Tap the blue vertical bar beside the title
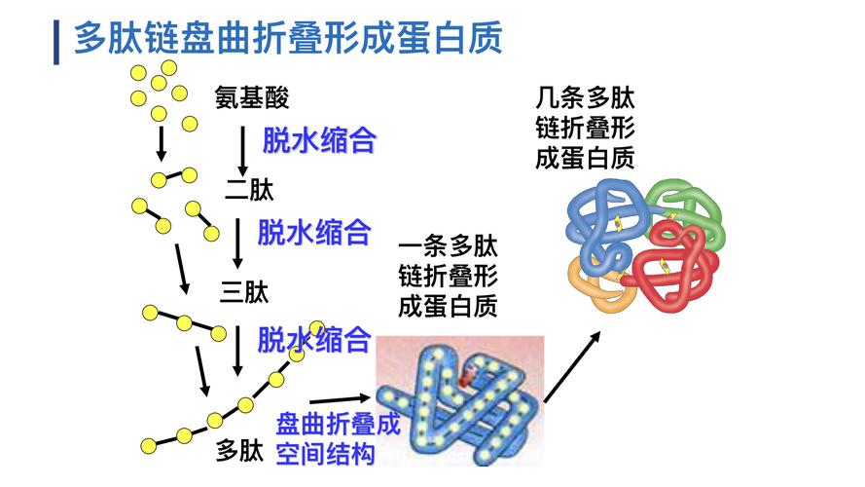[x=56, y=41]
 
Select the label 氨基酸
[x=252, y=97]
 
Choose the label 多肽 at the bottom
[x=239, y=450]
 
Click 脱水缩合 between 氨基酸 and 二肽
[x=319, y=140]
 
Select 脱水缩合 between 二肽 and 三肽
[x=314, y=232]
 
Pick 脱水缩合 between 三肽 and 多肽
[x=314, y=339]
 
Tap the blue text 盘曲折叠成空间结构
[x=326, y=439]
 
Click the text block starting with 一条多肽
[x=448, y=277]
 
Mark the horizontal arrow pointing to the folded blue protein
[x=341, y=399]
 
